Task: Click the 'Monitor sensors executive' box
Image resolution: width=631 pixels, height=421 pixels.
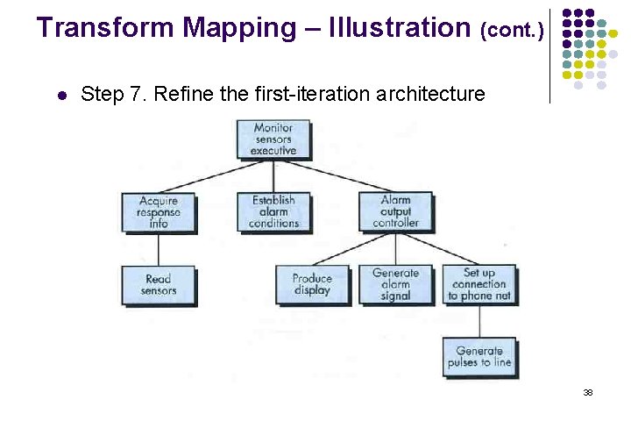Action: (273, 139)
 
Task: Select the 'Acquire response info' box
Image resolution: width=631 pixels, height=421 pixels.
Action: (159, 212)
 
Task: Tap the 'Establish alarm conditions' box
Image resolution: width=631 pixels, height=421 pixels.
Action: (273, 212)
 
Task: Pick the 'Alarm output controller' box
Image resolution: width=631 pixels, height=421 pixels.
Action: (395, 212)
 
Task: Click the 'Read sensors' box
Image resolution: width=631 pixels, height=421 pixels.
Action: (159, 285)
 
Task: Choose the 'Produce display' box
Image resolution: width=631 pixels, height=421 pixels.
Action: (312, 285)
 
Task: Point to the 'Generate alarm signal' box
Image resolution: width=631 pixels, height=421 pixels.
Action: (395, 285)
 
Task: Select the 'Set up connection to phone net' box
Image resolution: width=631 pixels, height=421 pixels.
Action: (479, 285)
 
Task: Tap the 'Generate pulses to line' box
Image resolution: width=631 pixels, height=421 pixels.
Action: (479, 357)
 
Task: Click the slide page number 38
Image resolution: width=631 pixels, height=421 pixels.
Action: (588, 392)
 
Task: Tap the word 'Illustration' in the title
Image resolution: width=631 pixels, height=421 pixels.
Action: (400, 28)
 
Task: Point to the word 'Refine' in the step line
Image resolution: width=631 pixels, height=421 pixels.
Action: (181, 94)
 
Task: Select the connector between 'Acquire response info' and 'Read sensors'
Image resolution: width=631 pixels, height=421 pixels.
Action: (159, 249)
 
